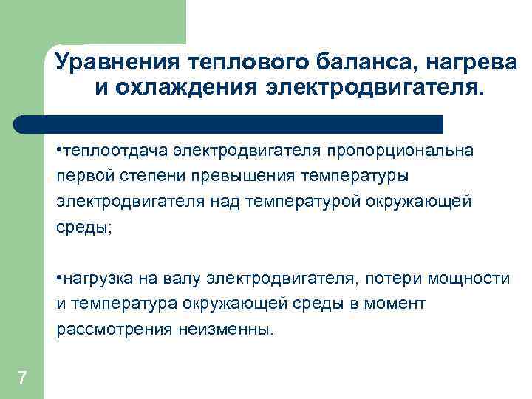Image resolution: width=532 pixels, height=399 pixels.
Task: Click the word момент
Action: pyautogui.click(x=403, y=304)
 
